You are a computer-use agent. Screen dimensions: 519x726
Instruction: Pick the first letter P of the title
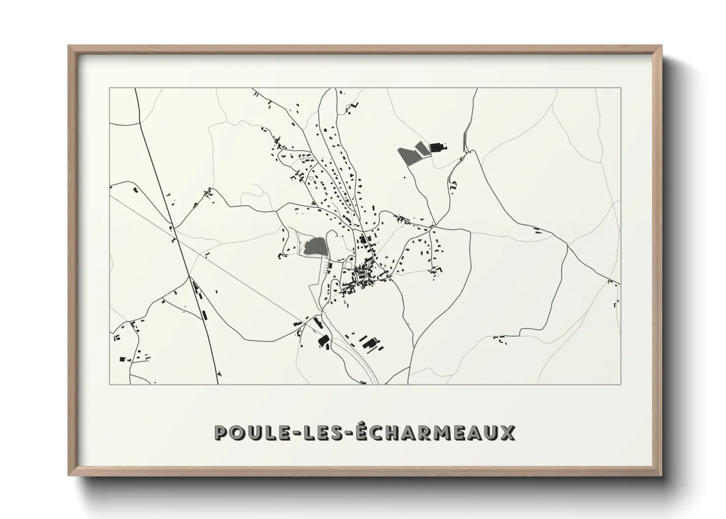point(221,433)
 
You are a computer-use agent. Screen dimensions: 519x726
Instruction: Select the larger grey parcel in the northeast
point(407,155)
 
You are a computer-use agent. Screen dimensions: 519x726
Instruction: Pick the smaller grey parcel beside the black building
point(422,149)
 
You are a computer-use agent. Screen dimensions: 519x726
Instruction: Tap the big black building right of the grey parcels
point(436,147)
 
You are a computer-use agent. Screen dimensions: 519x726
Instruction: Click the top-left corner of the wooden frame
point(69,46)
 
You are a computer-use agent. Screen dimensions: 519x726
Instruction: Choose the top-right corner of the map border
point(621,88)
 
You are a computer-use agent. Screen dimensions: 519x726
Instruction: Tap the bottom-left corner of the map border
point(109,384)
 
